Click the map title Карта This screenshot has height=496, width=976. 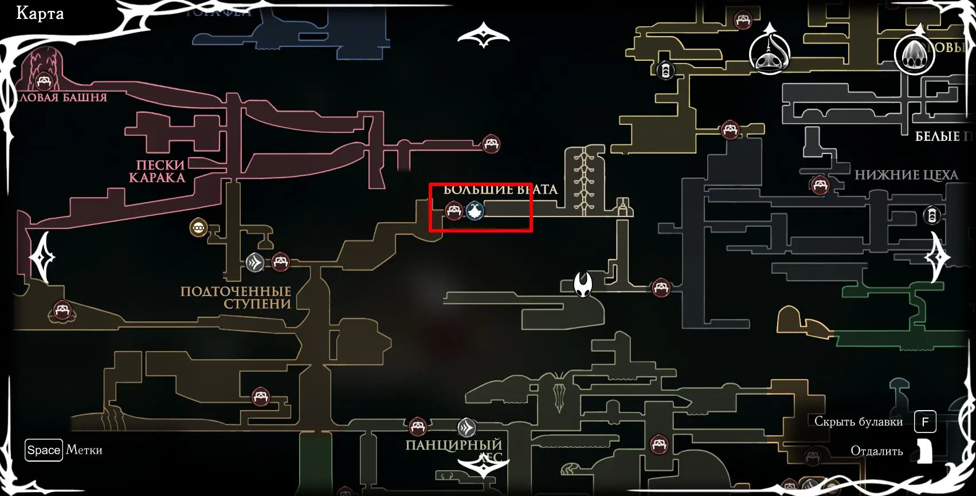[x=40, y=14]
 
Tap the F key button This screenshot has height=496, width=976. [x=925, y=422]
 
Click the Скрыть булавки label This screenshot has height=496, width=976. [x=858, y=422]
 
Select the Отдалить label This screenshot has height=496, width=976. [x=876, y=451]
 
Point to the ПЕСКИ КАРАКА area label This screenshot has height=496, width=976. [x=156, y=171]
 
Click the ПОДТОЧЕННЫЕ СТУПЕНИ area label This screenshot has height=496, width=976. [x=236, y=297]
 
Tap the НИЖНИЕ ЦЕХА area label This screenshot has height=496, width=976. [x=906, y=175]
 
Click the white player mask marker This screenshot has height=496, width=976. [x=583, y=284]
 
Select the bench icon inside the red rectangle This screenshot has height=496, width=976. [x=454, y=210]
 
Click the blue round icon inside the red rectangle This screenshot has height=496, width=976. [x=475, y=211]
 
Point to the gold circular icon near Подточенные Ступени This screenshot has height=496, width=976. [x=198, y=228]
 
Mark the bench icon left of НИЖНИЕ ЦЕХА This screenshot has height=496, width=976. [x=820, y=185]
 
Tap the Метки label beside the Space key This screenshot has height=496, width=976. [x=84, y=450]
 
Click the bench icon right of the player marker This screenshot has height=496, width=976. [x=660, y=288]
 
